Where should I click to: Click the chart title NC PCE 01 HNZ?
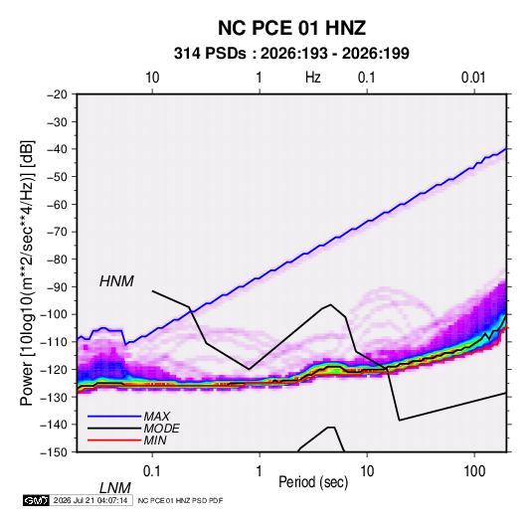(291, 28)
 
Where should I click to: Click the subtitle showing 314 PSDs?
(291, 54)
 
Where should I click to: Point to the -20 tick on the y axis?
(57, 94)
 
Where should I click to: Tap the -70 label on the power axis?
(57, 232)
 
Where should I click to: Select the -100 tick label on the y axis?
(55, 314)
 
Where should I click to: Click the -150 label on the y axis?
(55, 452)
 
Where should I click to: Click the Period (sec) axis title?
(313, 482)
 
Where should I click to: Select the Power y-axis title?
(27, 273)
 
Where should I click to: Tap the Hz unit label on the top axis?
(313, 78)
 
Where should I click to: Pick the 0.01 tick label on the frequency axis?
(473, 78)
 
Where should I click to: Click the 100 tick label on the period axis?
(474, 471)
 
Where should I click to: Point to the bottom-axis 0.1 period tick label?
(152, 471)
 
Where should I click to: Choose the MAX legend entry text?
(157, 417)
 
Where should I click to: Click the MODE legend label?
(161, 429)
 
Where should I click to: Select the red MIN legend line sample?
(114, 440)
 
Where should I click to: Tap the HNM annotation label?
(116, 281)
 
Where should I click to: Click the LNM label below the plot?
(115, 488)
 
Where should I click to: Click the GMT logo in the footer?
(37, 500)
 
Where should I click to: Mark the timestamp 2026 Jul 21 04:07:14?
(90, 500)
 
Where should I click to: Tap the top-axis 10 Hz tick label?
(152, 78)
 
